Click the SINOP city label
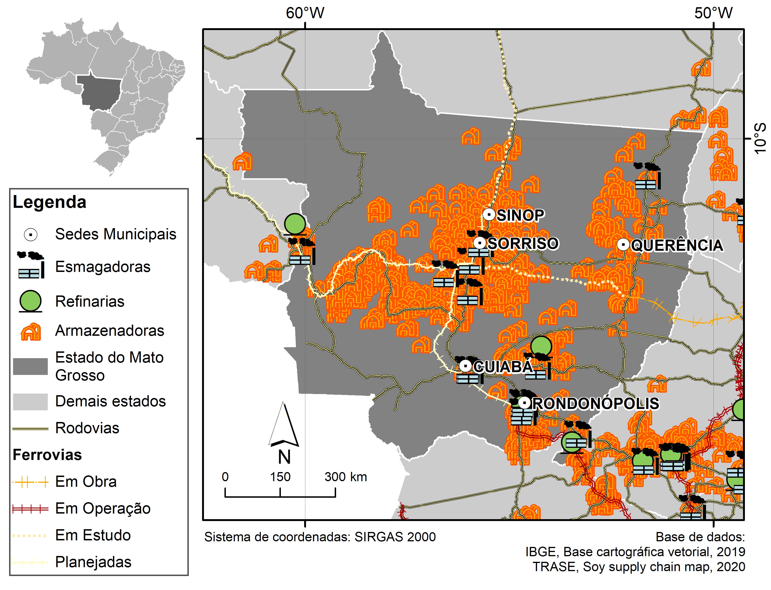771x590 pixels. [x=520, y=215]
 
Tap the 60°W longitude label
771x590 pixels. [x=305, y=13]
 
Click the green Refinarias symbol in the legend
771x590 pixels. [x=30, y=301]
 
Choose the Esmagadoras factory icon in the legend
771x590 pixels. [x=31, y=265]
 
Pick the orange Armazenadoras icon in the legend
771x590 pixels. [x=31, y=332]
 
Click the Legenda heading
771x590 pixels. [x=49, y=202]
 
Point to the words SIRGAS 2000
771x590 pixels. [x=395, y=537]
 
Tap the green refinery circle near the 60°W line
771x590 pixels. [x=295, y=224]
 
